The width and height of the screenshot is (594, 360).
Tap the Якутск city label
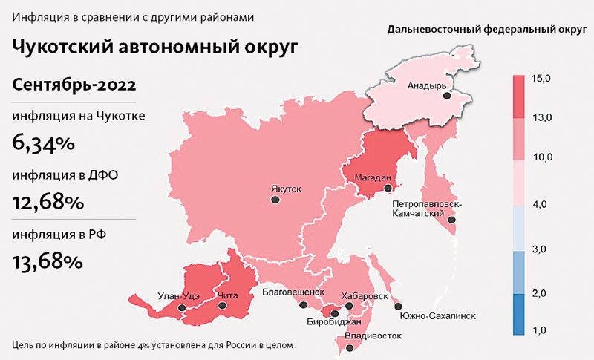point(285,189)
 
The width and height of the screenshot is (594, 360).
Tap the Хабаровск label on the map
point(364,295)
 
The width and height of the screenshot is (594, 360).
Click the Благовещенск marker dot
point(303,304)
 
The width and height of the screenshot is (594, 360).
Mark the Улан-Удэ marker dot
point(180,305)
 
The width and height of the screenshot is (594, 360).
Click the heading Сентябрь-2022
point(74,85)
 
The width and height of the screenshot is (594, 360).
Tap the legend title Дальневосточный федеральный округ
point(483,30)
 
